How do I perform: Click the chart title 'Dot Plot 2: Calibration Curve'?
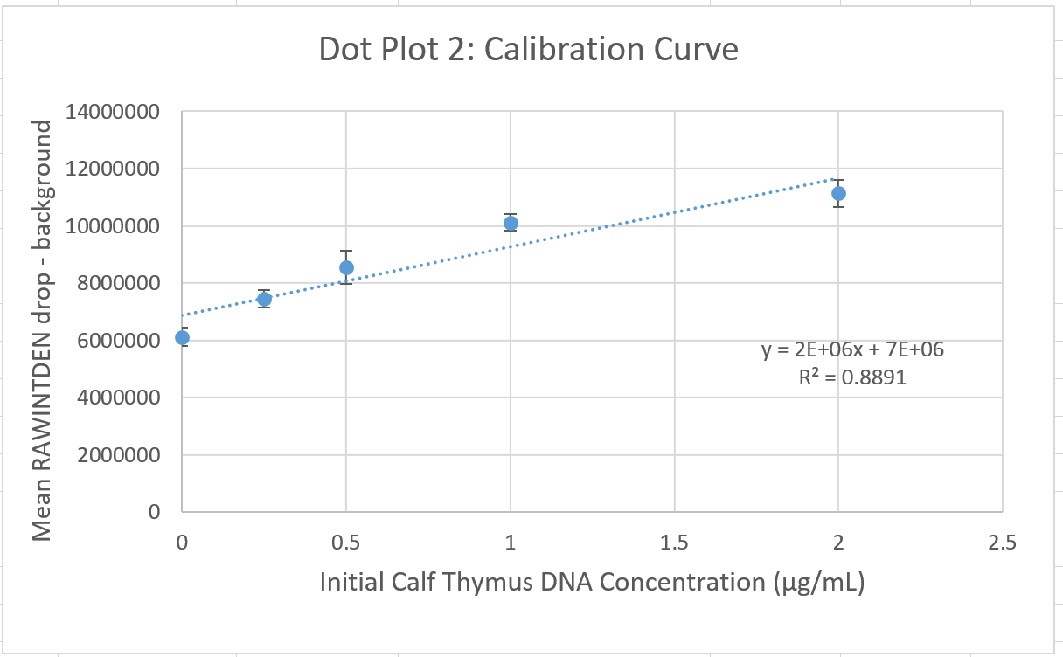pos(528,50)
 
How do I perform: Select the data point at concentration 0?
pos(182,337)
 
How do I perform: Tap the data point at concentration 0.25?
pos(264,299)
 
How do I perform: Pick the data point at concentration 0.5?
pos(346,267)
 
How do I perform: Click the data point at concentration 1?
pos(511,223)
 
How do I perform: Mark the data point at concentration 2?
pos(838,193)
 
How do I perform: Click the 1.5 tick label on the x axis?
pos(674,543)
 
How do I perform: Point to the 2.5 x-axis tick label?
pos(1002,543)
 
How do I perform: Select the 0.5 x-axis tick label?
pos(346,543)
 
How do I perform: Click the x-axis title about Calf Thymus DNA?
pos(592,582)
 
